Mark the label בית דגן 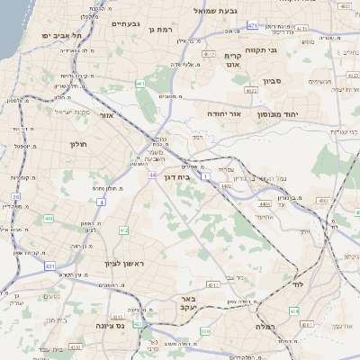pyautogui.click(x=177, y=178)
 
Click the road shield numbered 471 pyautogui.click(x=252, y=26)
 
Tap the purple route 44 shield pyautogui.click(x=153, y=175)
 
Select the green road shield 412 pyautogui.click(x=123, y=231)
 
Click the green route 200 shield pyautogui.click(x=205, y=331)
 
